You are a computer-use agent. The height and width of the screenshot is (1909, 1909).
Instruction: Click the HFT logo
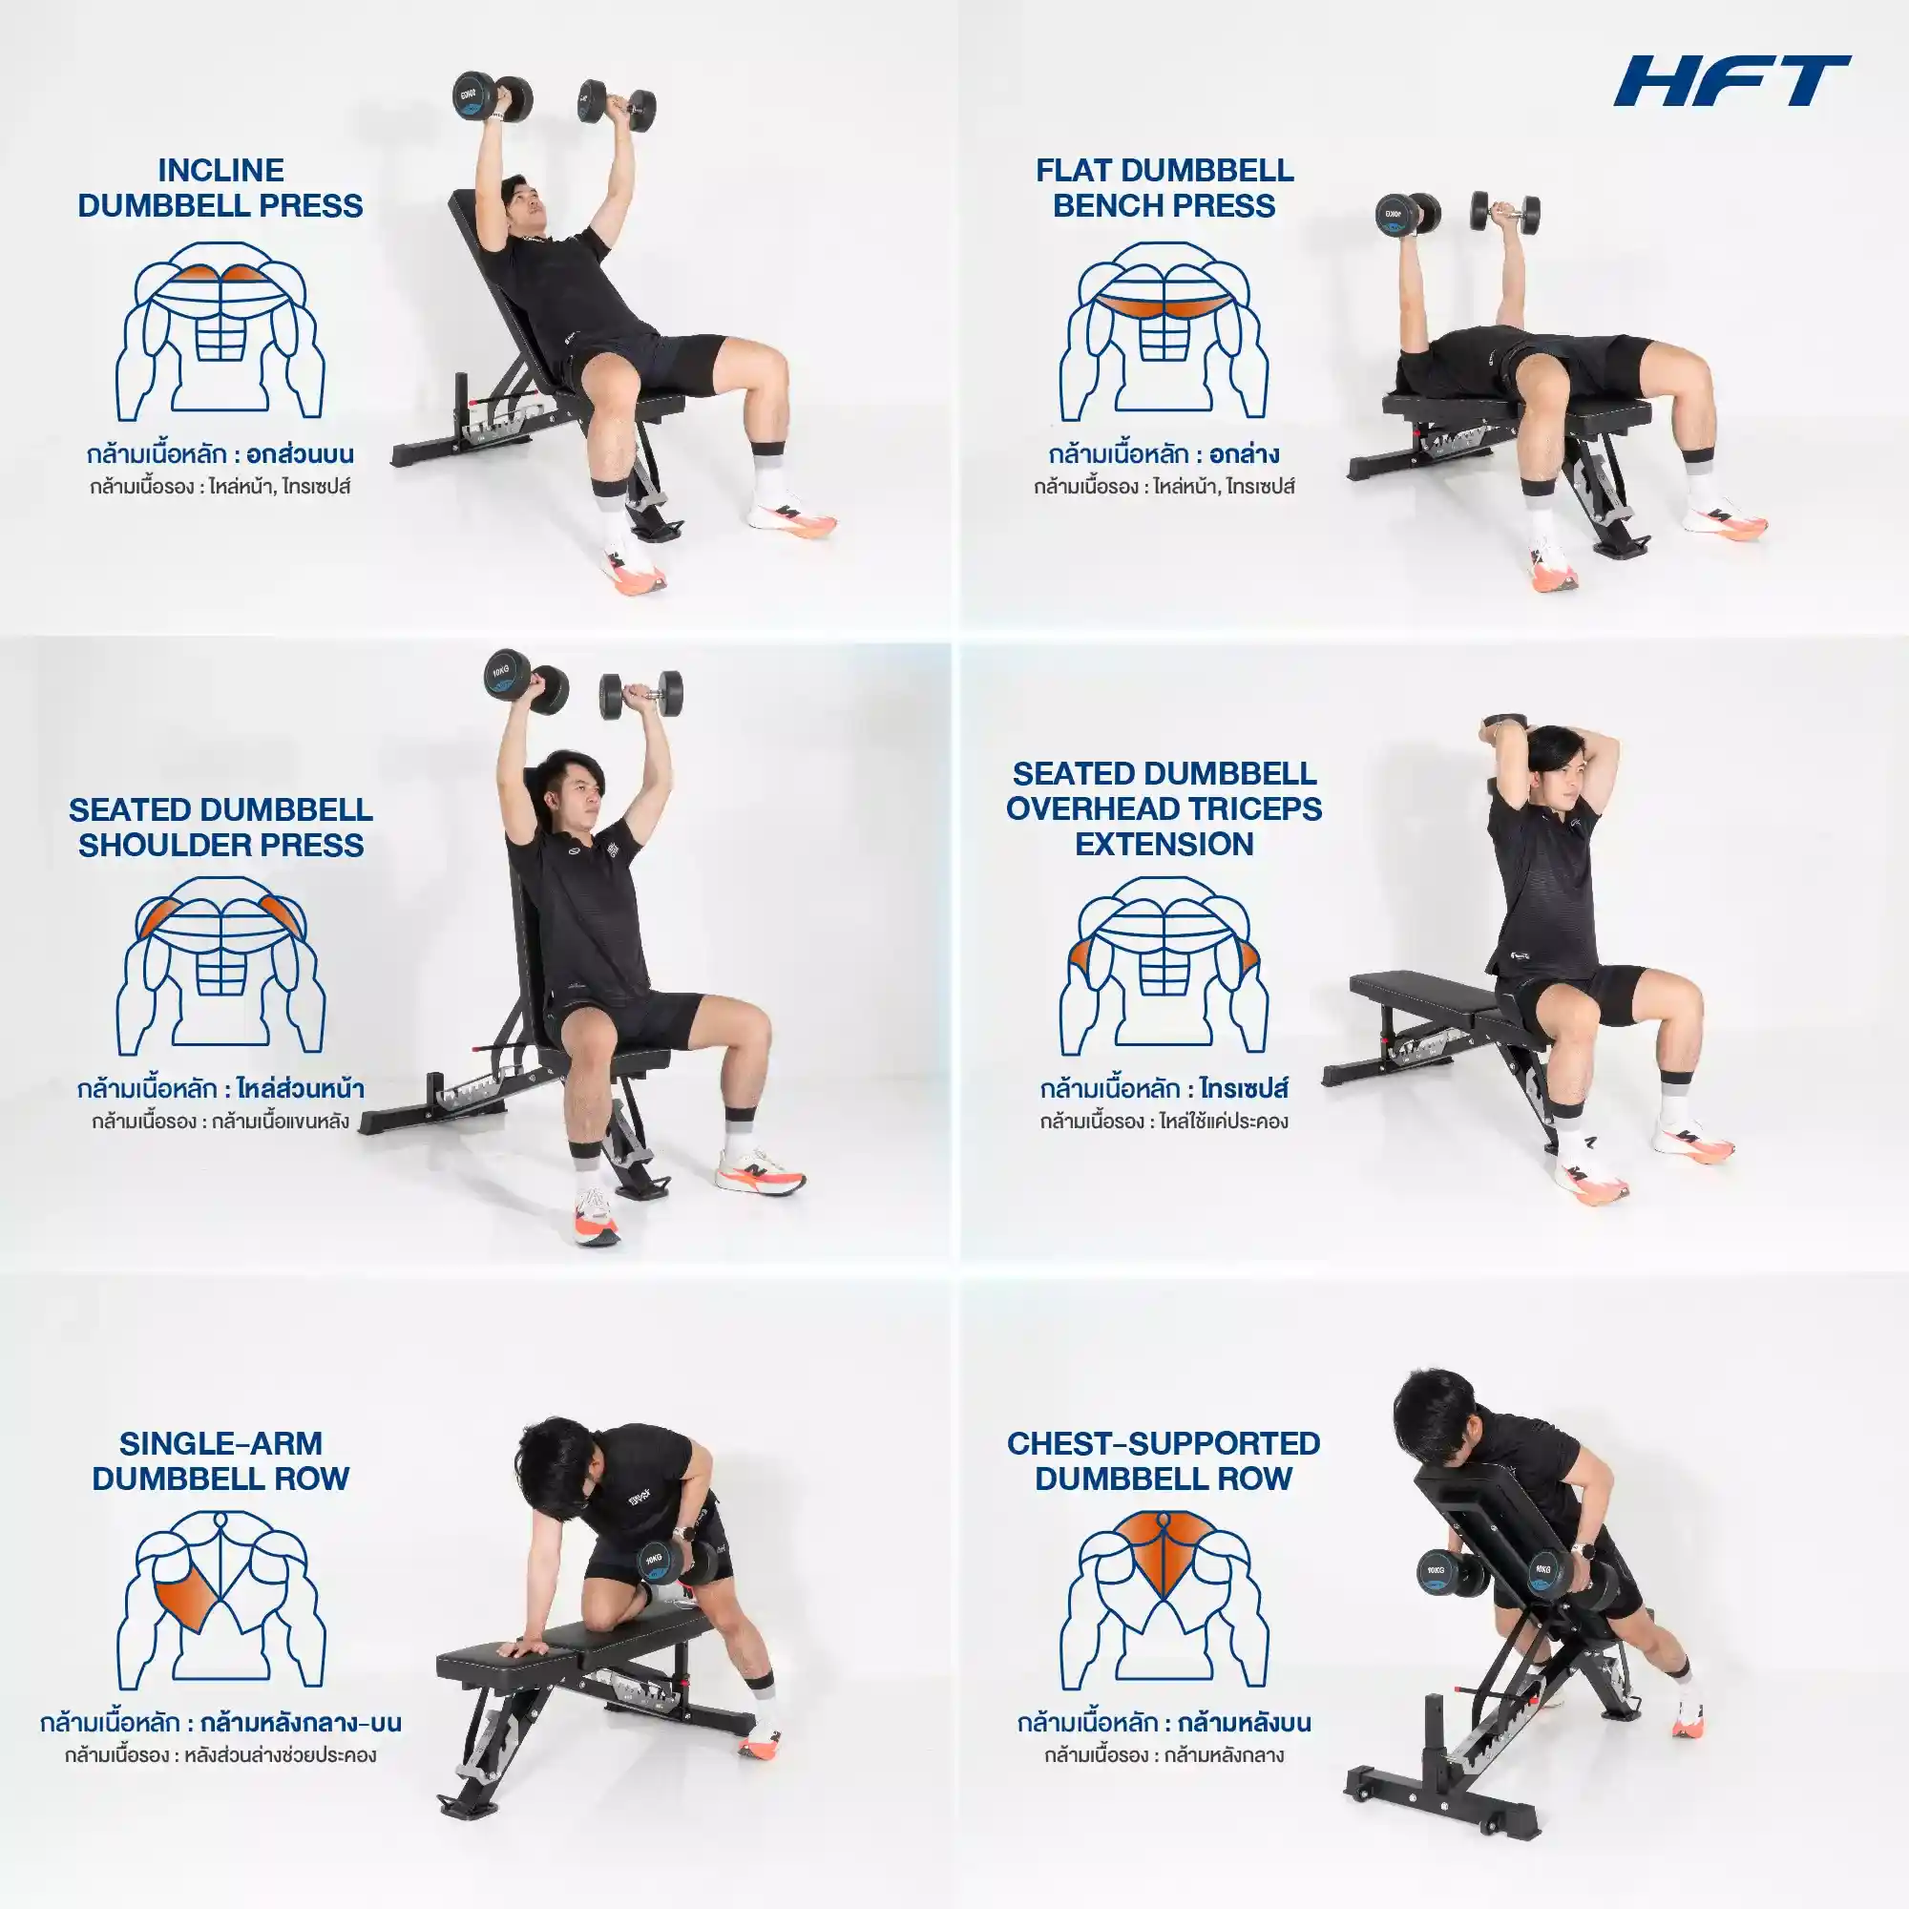pyautogui.click(x=1732, y=80)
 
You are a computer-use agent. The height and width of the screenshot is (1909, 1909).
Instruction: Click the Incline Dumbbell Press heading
pyautogui.click(x=220, y=188)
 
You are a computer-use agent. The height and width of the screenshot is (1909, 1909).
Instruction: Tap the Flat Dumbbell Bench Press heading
pyautogui.click(x=1164, y=188)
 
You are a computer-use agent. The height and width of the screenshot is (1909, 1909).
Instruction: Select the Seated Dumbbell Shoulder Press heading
pyautogui.click(x=220, y=827)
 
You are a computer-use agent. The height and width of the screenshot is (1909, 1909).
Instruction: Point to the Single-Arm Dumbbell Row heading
pyautogui.click(x=220, y=1460)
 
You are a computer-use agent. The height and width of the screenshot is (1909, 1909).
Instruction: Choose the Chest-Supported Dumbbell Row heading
pyautogui.click(x=1163, y=1460)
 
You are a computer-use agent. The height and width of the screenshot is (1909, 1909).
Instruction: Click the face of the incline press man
pyautogui.click(x=527, y=209)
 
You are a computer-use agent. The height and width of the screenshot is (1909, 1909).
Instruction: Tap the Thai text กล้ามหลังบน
pyautogui.click(x=1245, y=1722)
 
